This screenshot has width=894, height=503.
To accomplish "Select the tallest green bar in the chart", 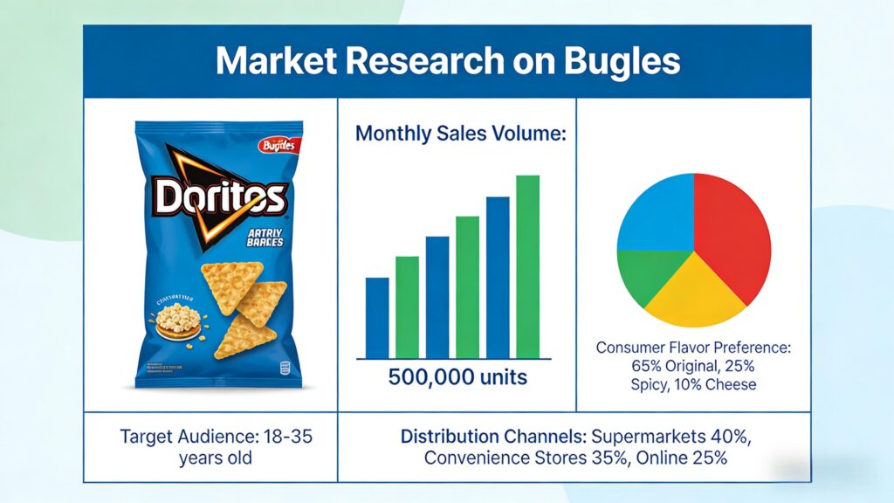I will pos(527,266).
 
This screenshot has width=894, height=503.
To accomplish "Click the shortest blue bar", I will pos(377,318).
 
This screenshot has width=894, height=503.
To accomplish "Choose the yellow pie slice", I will pos(694,292).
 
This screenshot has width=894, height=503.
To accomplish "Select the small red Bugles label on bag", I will pos(279,146).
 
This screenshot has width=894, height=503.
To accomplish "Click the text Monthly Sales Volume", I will pos(461,134).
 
